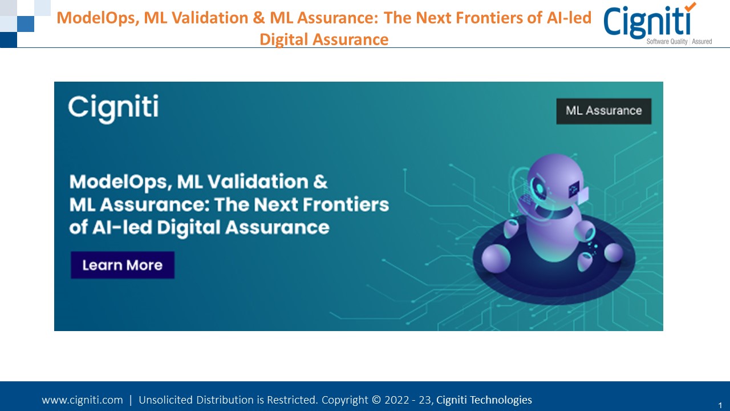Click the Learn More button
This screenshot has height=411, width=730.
[122, 265]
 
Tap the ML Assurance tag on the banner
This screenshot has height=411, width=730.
[603, 111]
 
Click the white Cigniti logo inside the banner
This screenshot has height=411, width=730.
[113, 108]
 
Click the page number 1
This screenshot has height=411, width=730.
[720, 403]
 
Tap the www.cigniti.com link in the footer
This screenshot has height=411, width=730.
[82, 400]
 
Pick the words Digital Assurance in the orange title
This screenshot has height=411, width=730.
[324, 39]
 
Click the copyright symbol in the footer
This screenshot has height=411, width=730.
[376, 400]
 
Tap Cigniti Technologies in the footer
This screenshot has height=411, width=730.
[484, 400]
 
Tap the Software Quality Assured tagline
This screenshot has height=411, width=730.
[679, 42]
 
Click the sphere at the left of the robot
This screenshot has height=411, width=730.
[496, 258]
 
